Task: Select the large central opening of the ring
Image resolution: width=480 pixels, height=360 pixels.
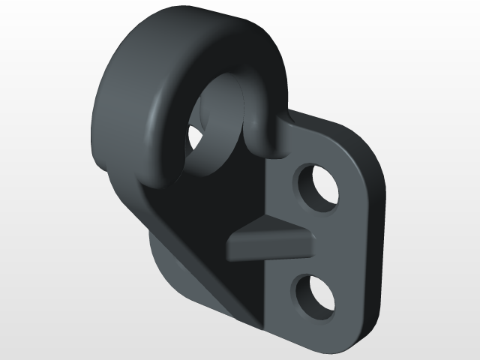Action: [x=214, y=127]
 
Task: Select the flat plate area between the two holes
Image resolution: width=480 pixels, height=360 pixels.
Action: [x=330, y=240]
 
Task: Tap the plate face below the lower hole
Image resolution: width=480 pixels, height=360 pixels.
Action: [x=315, y=330]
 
